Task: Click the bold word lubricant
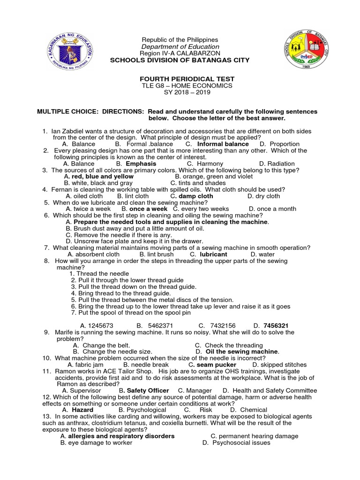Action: [x=213, y=254]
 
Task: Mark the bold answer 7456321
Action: [x=276, y=325]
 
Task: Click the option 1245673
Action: [x=97, y=325]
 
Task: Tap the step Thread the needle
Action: [x=97, y=273]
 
